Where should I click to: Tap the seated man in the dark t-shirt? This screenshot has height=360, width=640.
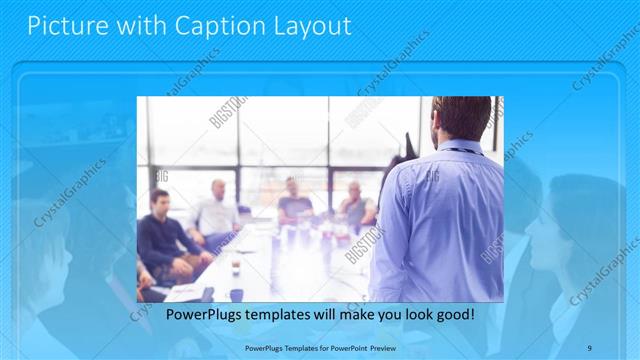tap(293, 205)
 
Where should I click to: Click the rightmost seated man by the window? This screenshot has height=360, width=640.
tap(356, 205)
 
